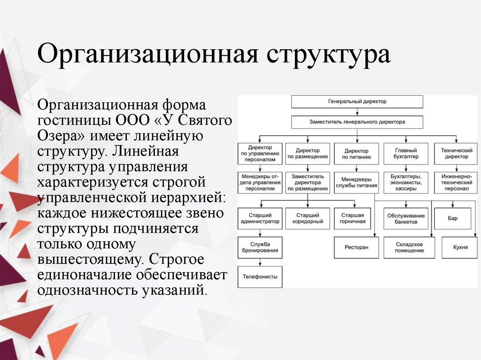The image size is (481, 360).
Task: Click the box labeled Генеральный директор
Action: (x=357, y=101)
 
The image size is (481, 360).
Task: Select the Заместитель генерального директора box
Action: (x=357, y=122)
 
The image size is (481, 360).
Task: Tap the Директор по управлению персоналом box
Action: (x=260, y=153)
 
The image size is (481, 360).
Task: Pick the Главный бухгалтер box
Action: (x=406, y=153)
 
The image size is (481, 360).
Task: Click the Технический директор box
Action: (x=455, y=153)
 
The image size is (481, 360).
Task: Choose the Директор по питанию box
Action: (x=356, y=153)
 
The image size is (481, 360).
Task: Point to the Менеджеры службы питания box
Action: (x=356, y=183)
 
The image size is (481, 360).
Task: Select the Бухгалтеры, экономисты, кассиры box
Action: (x=406, y=183)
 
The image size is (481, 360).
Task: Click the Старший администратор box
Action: (x=260, y=218)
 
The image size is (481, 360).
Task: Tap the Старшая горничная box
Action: (x=356, y=218)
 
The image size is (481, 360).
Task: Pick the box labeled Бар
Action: (x=452, y=218)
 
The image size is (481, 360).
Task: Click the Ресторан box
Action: (x=356, y=247)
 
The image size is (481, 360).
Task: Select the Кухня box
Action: (x=460, y=247)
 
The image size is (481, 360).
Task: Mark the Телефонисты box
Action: (x=260, y=276)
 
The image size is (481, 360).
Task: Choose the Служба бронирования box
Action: (x=260, y=247)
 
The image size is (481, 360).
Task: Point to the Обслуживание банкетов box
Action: (x=406, y=218)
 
